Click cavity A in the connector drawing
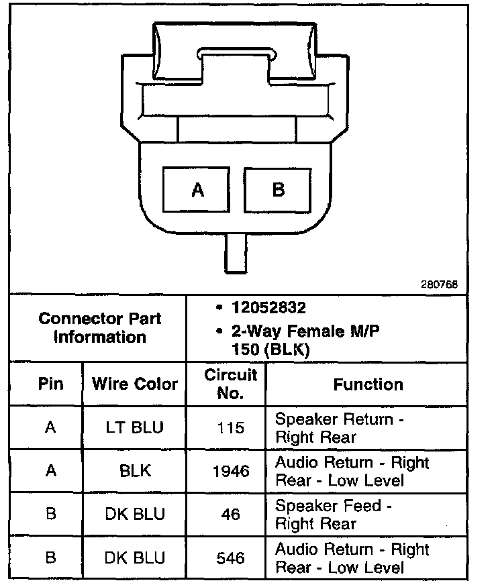(197, 190)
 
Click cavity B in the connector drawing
(278, 190)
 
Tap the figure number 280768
(440, 284)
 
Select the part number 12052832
(268, 308)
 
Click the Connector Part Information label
(100, 327)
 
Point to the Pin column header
(50, 384)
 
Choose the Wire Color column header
(135, 384)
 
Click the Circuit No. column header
(230, 384)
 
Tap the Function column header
(368, 384)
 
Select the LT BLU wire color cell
(135, 427)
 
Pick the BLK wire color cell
(135, 471)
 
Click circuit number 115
(230, 427)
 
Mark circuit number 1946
(230, 471)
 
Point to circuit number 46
(230, 514)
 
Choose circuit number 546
(230, 557)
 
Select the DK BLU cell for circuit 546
(135, 557)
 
